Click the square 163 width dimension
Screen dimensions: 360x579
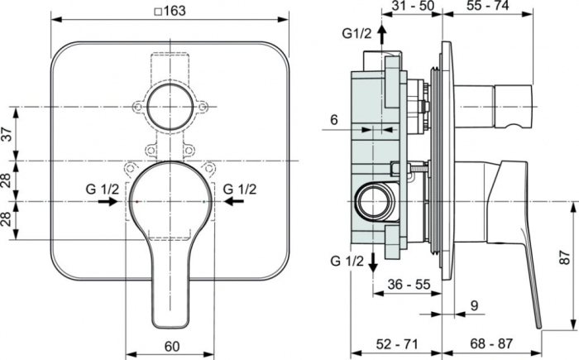(x=170, y=10)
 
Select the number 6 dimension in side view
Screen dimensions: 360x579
(x=333, y=120)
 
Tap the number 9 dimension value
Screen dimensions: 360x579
(x=473, y=305)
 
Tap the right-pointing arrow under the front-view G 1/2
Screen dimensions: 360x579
(x=108, y=201)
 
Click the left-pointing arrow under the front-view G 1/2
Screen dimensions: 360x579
(x=236, y=201)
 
